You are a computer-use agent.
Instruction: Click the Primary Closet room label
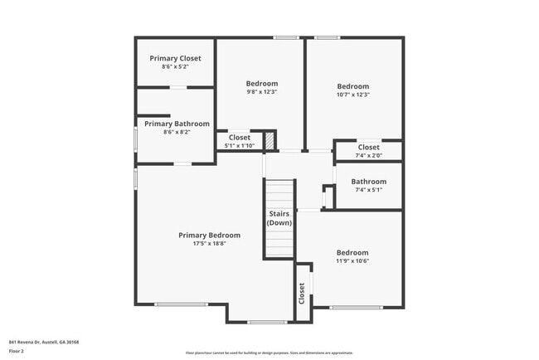click(175, 58)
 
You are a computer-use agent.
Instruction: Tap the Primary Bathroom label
click(177, 124)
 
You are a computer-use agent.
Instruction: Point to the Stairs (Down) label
click(279, 219)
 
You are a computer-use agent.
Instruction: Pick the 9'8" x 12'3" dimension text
click(261, 92)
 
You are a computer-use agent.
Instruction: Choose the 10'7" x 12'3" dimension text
click(352, 95)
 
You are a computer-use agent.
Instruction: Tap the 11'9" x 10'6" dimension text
click(352, 260)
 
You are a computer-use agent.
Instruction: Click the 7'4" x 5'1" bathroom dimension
click(368, 190)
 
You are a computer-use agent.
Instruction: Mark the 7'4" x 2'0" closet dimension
click(368, 155)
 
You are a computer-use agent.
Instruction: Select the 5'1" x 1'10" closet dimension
click(240, 146)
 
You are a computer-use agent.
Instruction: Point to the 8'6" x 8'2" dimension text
click(177, 132)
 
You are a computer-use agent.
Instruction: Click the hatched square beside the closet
click(269, 141)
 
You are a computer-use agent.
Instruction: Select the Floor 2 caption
click(17, 351)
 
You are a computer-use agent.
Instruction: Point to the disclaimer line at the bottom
click(269, 353)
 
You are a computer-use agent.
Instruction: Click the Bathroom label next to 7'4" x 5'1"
click(368, 182)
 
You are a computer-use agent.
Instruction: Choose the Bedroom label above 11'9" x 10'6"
click(352, 252)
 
